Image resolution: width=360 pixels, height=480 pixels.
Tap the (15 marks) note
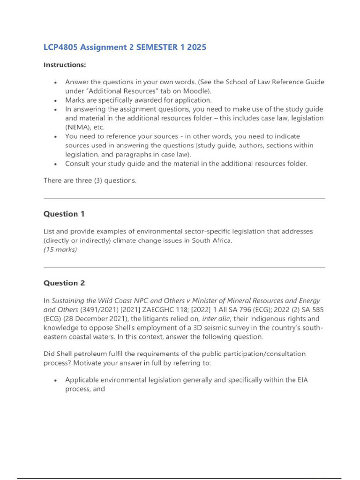coord(60,249)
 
